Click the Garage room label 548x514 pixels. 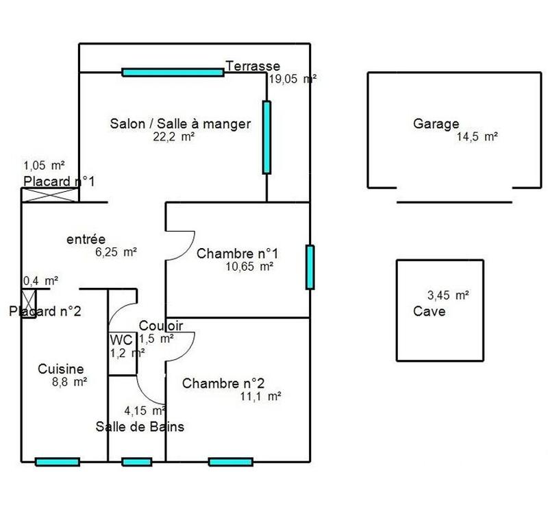436,124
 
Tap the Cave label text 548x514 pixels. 429,311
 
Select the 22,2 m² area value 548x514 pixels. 174,137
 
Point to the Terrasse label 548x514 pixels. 253,66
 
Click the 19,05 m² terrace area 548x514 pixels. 292,79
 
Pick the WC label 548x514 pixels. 121,340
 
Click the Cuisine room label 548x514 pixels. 60,368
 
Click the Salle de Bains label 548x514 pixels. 139,426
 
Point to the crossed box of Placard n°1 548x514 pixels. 51,195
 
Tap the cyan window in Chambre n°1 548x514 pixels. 310,266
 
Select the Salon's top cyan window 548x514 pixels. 173,71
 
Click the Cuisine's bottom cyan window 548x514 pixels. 57,462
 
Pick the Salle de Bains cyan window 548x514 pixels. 136,462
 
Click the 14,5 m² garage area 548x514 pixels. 476,137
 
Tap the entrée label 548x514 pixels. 86,239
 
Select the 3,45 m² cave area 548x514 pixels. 448,296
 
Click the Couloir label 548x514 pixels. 161,325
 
